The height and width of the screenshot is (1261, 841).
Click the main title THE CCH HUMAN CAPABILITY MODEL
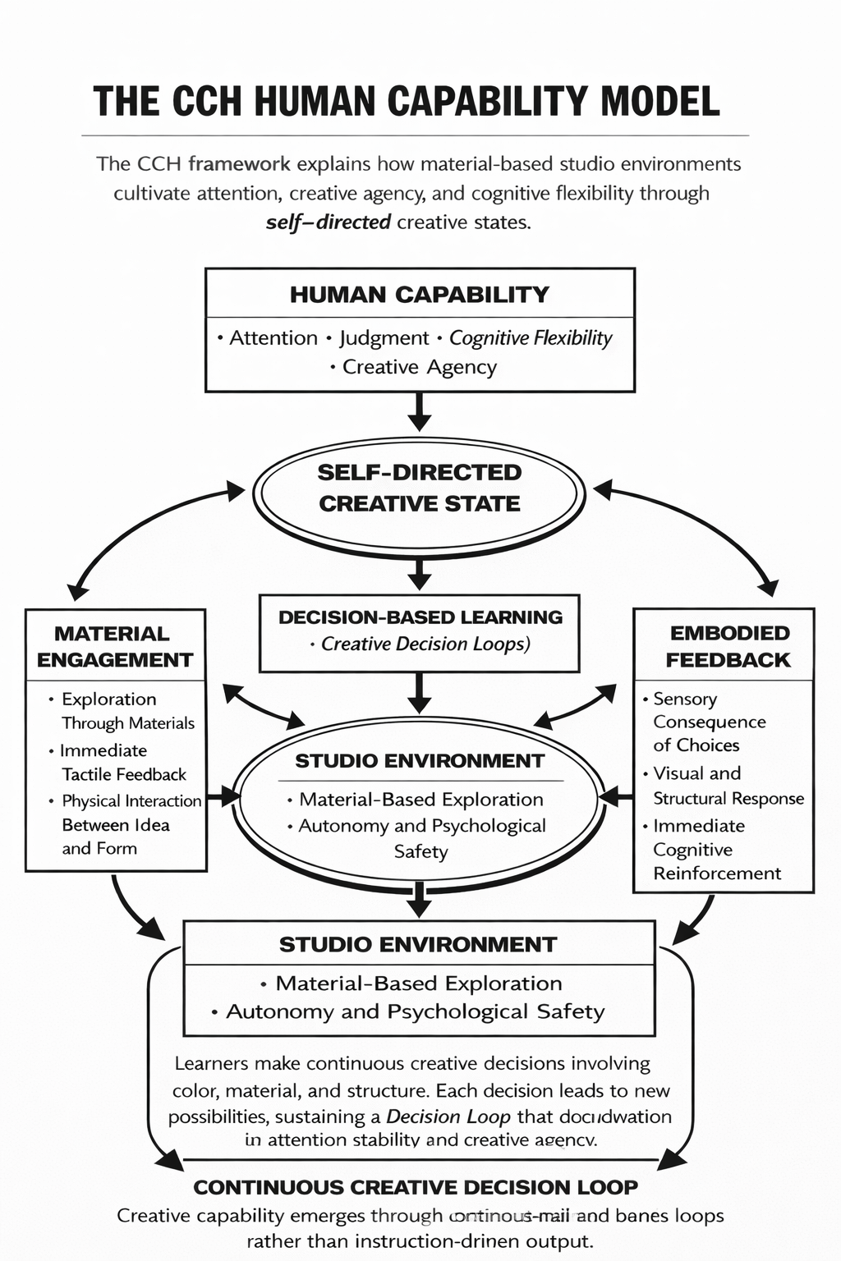(407, 102)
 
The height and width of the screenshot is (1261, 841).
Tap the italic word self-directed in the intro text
(328, 222)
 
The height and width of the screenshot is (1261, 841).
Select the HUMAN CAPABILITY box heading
(419, 294)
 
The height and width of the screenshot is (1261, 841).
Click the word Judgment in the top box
(384, 338)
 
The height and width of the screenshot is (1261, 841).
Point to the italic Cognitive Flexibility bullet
(530, 338)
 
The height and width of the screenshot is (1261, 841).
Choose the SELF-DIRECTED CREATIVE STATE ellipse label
(419, 488)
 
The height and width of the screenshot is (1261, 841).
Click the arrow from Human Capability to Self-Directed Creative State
(419, 411)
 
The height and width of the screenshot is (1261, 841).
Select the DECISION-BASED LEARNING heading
(420, 617)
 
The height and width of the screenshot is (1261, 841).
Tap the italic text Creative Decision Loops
(425, 644)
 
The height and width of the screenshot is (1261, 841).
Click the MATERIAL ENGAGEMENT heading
(114, 646)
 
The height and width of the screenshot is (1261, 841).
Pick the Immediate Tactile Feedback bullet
(123, 763)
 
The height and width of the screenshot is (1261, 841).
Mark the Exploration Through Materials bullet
(127, 711)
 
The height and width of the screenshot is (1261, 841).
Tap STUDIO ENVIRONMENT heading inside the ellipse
(419, 761)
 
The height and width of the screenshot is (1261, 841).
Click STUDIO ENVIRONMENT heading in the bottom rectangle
(418, 944)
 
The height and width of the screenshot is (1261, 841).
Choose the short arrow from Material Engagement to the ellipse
(222, 796)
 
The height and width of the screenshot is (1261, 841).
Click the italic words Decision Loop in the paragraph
(448, 1117)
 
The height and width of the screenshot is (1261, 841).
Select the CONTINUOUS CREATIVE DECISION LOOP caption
(416, 1187)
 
